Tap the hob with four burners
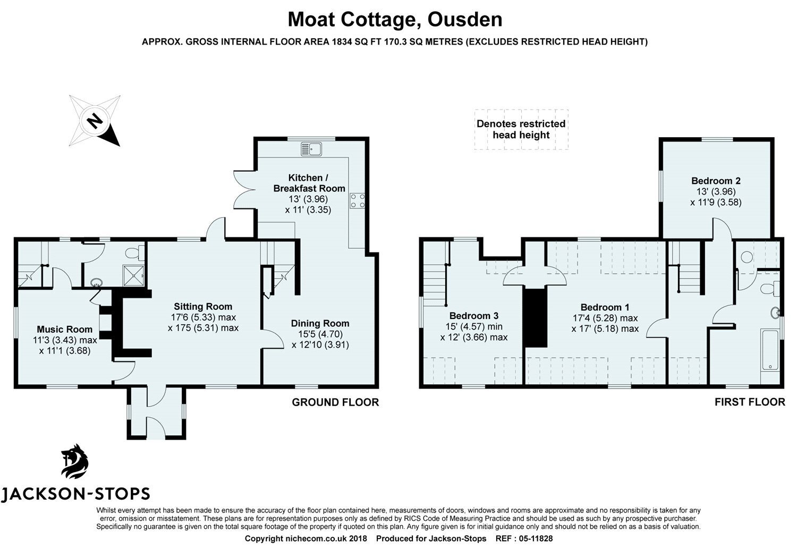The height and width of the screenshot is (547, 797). click(357, 200)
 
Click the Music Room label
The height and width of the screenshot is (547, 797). click(64, 329)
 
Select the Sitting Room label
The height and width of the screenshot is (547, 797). click(203, 306)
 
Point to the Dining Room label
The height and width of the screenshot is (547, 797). click(320, 323)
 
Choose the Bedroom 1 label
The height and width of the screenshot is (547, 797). click(605, 307)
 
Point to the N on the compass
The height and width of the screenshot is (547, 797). click(95, 121)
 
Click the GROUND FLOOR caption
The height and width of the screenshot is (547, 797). click(335, 402)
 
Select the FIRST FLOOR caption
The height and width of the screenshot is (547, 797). click(749, 402)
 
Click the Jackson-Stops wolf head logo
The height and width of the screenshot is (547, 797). click(74, 461)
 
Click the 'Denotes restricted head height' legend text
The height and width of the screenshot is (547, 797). click(521, 129)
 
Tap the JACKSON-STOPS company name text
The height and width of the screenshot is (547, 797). click(75, 494)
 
